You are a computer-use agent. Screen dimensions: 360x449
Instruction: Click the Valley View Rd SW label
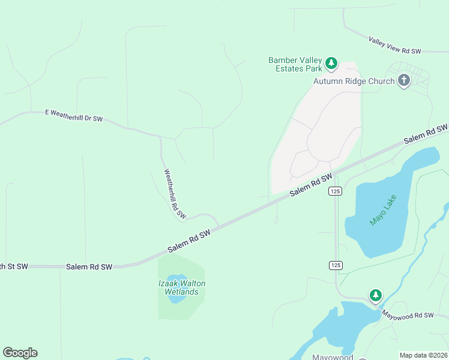(395, 46)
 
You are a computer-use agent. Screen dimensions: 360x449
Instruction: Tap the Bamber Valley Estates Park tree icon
(331, 63)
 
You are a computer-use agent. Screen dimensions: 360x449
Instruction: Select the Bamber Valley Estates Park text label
(295, 64)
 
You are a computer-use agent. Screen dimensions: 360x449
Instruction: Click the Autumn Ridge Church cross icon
(404, 80)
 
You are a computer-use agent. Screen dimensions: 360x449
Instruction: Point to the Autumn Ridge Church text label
(354, 81)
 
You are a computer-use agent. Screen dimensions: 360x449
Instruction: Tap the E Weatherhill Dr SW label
(74, 115)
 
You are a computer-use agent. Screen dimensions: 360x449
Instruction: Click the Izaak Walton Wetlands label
(181, 287)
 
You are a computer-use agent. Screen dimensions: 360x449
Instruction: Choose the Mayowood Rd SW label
(407, 314)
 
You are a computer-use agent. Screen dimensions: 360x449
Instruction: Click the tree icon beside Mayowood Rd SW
(376, 295)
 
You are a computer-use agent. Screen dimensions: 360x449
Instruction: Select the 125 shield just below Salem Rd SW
(336, 191)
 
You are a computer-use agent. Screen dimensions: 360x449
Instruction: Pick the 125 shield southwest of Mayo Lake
(336, 265)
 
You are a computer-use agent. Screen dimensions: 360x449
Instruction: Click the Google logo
(20, 353)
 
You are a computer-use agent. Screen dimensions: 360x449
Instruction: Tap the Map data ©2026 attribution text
(423, 355)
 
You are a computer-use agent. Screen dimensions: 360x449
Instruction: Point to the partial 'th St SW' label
(14, 266)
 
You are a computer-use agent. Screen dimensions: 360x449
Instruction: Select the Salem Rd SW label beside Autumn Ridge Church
(425, 134)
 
